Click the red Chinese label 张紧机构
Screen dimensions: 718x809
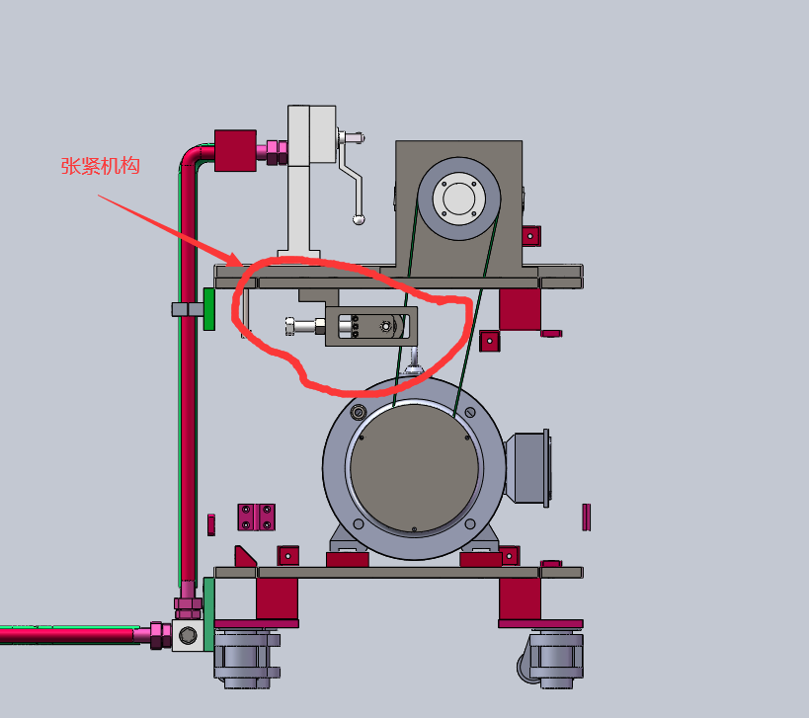(x=101, y=166)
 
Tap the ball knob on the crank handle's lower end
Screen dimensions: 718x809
(x=361, y=219)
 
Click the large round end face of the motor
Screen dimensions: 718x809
(x=415, y=468)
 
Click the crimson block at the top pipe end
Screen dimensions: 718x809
(x=235, y=151)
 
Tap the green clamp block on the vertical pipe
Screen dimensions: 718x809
(x=208, y=308)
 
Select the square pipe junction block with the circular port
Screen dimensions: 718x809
(x=187, y=634)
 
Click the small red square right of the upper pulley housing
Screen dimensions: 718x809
(x=530, y=235)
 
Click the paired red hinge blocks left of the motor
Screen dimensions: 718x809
(x=256, y=517)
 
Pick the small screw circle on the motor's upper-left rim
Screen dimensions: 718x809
(x=358, y=412)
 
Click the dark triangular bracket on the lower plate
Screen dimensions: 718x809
(x=244, y=556)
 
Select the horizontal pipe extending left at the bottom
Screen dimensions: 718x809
(x=69, y=633)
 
